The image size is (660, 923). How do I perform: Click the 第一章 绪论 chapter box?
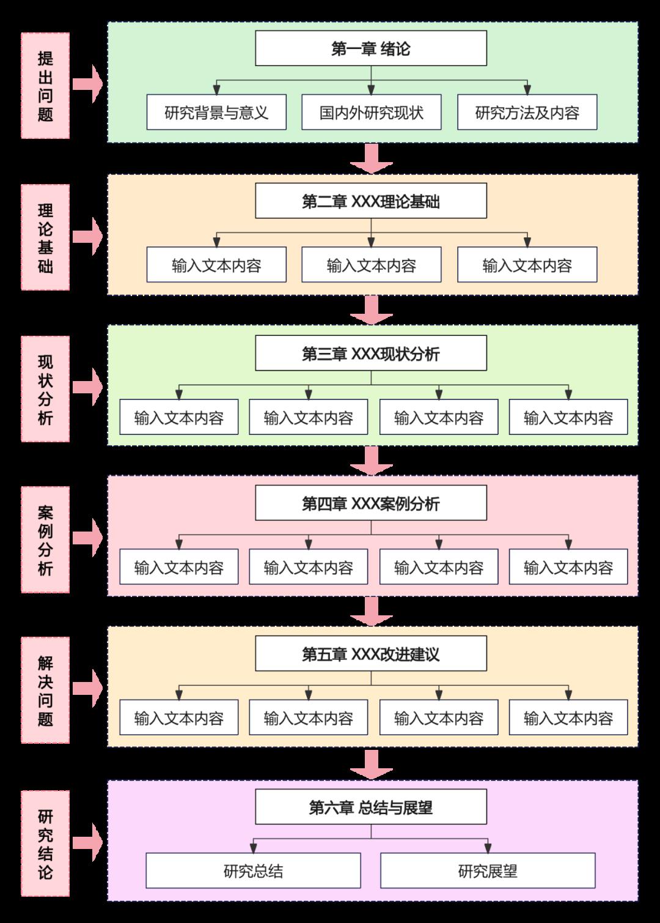[371, 48]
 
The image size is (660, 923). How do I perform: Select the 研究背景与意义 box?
[216, 113]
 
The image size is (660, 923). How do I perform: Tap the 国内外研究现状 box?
[371, 113]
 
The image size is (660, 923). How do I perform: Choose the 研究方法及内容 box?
[527, 113]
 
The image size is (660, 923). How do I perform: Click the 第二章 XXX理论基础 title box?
[371, 201]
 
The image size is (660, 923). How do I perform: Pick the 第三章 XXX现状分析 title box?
[371, 354]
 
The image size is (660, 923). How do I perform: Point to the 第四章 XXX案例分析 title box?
[371, 503]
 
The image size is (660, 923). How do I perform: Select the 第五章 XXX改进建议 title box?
[371, 654]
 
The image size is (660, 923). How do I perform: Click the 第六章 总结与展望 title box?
[371, 807]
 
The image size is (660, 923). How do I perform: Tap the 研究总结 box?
[253, 871]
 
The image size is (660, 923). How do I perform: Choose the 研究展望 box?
[488, 871]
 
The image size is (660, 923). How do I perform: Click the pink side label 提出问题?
[45, 86]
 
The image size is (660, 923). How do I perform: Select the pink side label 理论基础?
[45, 238]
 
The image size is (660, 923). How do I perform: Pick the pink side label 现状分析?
[45, 389]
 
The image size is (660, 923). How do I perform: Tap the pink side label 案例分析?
[45, 539]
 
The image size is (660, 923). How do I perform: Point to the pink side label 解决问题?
[45, 691]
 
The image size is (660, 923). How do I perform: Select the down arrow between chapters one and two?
[371, 158]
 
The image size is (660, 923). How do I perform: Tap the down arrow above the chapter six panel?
[371, 764]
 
